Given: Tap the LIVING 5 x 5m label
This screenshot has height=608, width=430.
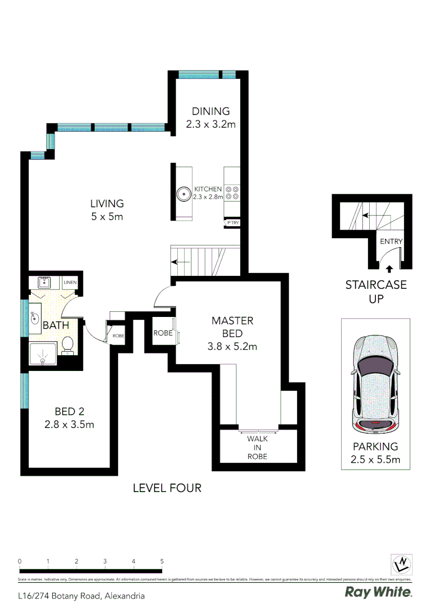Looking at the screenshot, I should (107, 209).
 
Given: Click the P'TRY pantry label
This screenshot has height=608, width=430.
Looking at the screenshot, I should (232, 223).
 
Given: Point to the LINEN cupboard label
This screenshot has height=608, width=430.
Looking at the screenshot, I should (70, 282).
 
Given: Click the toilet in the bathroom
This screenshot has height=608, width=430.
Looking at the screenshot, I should (68, 345).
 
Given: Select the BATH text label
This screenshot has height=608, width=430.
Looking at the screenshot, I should (56, 325).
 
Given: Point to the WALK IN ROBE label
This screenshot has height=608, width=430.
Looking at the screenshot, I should (257, 447).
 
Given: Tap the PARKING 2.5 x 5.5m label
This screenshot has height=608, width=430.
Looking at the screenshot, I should (375, 453).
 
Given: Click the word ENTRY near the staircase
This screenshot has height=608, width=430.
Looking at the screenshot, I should (391, 242).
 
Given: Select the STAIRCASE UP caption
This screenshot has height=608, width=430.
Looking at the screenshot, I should (375, 292).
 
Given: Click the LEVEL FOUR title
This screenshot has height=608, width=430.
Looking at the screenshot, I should (167, 488).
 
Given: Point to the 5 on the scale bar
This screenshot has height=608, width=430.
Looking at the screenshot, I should (162, 561).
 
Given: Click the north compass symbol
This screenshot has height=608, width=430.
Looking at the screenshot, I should (402, 564).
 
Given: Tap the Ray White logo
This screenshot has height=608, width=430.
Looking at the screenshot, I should (378, 592).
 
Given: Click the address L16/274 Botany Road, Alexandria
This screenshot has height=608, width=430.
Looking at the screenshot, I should (81, 596).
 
